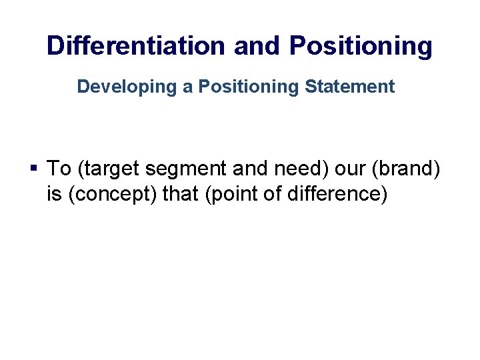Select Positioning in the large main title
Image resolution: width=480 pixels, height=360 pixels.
[x=361, y=46]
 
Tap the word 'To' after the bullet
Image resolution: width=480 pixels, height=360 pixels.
[x=58, y=169]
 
